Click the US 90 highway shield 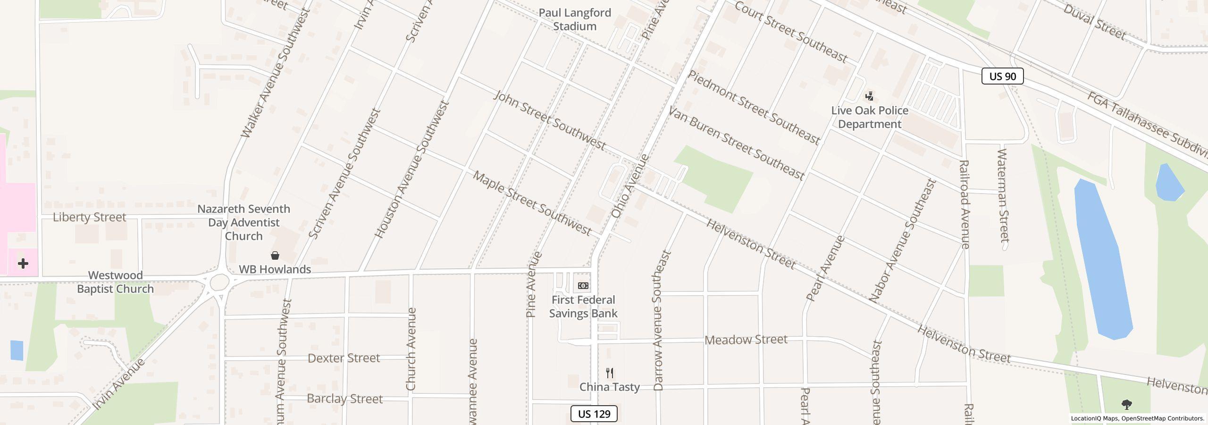tap(1002, 76)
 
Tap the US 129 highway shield tap(594, 414)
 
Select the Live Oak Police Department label tap(869, 117)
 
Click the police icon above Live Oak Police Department tap(869, 96)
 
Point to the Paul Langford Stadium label tap(574, 19)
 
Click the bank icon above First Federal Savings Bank tap(583, 286)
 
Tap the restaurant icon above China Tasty tap(610, 373)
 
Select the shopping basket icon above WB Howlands tap(275, 255)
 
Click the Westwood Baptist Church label tap(115, 282)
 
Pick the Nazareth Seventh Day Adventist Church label tap(243, 222)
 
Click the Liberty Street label tap(89, 217)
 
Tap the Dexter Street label tap(344, 358)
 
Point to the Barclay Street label tap(344, 399)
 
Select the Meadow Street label tap(746, 340)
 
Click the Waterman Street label tap(1003, 195)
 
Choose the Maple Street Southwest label tap(532, 204)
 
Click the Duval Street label tap(1094, 21)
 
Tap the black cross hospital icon tap(23, 263)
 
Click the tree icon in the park tap(1127, 405)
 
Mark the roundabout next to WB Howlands tap(219, 282)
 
